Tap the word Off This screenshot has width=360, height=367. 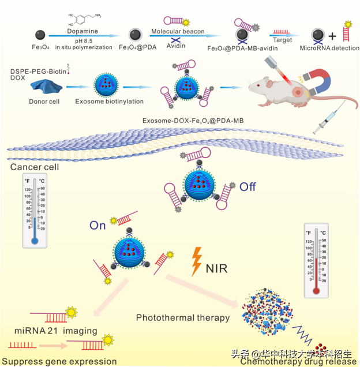[247, 186]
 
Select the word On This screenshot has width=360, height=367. [97, 226]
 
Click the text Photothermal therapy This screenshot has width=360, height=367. [183, 317]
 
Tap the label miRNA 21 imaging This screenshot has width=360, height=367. [56, 332]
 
